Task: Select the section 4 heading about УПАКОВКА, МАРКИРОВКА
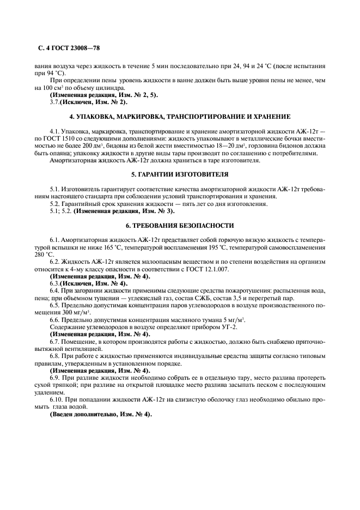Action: pyautogui.click(x=180, y=117)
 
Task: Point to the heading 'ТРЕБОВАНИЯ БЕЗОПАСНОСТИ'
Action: pyautogui.click(x=180, y=225)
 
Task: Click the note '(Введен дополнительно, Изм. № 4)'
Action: pyautogui.click(x=101, y=414)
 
